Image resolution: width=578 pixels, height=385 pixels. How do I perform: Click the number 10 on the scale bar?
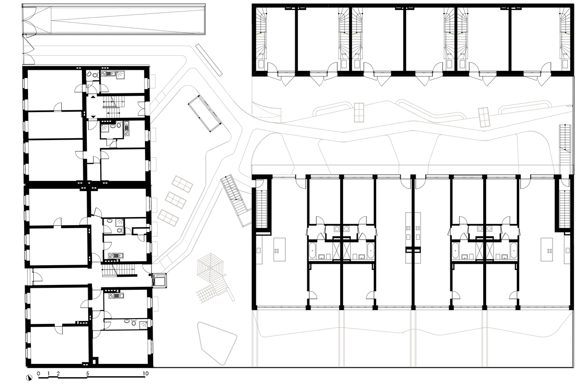146,373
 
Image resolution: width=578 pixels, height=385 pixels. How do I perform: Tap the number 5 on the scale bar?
88,373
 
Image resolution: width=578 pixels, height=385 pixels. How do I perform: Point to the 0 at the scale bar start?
39,373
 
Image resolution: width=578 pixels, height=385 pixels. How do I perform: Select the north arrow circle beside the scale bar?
29,378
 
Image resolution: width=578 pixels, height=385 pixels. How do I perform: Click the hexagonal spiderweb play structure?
210,268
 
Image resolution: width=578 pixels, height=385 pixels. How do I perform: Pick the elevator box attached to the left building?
159,280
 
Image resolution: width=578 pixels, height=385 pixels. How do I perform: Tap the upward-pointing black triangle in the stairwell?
93,97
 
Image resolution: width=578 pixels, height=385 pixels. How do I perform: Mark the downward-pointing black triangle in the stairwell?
93,117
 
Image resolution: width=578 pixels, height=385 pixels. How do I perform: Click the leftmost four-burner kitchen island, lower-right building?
279,249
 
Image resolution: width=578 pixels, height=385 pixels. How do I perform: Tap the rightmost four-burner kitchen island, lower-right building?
547,249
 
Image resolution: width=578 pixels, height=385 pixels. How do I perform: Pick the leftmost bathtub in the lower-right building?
312,250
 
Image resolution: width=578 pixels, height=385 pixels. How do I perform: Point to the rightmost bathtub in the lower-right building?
513,250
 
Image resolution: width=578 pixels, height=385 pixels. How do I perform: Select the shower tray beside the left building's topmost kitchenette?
120,75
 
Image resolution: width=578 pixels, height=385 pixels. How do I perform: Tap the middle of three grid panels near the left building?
175,200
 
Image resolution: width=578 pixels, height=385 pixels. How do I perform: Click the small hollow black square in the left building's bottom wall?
95,361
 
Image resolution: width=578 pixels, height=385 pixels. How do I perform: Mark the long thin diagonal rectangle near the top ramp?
209,60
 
